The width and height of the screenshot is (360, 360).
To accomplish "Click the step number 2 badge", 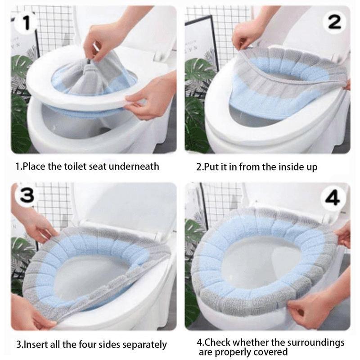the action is pyautogui.click(x=334, y=22).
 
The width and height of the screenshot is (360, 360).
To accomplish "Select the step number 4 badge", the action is pyautogui.click(x=333, y=198).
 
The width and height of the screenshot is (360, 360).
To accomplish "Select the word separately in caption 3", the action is pyautogui.click(x=144, y=345).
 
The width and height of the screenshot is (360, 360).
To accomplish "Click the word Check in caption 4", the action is pyautogui.click(x=217, y=342).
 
